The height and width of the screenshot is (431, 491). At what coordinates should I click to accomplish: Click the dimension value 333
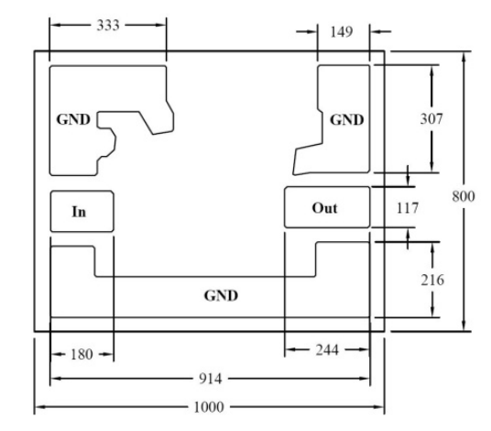click(108, 25)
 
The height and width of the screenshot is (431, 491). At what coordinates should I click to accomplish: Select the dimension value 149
click(342, 32)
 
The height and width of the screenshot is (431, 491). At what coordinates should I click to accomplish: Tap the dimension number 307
click(431, 119)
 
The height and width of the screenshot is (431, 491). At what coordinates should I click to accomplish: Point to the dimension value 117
click(408, 208)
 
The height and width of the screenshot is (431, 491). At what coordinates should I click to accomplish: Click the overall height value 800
click(464, 196)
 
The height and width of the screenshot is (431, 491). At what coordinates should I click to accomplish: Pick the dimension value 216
click(432, 280)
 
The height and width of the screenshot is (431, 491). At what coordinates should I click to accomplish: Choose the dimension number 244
click(327, 349)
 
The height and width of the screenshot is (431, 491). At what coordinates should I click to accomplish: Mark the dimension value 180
click(82, 355)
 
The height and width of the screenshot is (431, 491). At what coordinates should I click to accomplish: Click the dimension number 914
click(211, 379)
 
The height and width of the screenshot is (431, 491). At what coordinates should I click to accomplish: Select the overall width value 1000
click(209, 407)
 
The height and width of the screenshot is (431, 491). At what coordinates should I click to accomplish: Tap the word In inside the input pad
click(79, 212)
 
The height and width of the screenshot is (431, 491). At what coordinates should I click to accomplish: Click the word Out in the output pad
click(324, 208)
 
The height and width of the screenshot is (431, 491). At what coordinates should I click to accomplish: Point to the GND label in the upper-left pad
click(73, 119)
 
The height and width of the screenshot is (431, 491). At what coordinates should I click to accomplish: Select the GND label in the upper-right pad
click(347, 120)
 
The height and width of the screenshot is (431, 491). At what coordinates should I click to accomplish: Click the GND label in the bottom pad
click(221, 295)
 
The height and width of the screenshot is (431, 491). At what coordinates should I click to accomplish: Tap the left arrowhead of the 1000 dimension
click(38, 407)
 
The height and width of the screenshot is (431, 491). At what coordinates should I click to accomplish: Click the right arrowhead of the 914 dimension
click(366, 379)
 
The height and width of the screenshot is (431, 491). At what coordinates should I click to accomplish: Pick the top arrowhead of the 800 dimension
click(464, 57)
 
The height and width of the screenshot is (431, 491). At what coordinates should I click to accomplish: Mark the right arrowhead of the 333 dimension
click(161, 25)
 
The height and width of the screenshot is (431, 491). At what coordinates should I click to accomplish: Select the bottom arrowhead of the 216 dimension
click(432, 312)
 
